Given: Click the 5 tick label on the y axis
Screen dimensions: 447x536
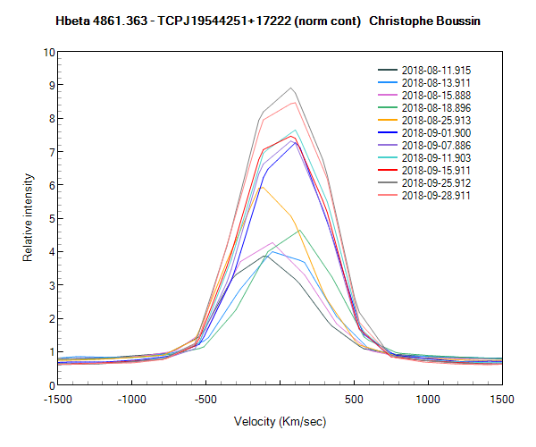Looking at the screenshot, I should coord(49,218).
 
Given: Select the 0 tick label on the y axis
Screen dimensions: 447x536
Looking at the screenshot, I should coord(49,385).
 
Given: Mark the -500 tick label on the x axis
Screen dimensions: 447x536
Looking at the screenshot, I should coord(205,401).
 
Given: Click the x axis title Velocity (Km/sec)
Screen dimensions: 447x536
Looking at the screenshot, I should coord(280,421).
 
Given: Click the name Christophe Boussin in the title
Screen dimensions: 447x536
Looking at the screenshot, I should coord(429,20).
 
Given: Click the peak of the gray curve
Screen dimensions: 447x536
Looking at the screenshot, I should coord(290,88).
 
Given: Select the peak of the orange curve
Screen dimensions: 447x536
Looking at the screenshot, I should coord(260,186).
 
